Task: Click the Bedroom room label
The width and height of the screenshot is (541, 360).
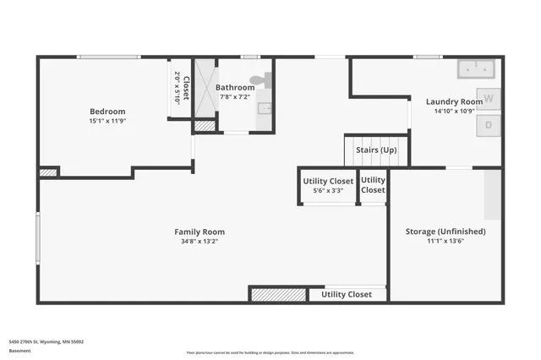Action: [x=107, y=112]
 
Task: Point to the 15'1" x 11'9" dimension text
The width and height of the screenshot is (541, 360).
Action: [x=107, y=121]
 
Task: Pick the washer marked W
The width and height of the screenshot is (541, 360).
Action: [x=489, y=99]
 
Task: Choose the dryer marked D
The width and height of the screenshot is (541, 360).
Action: [x=489, y=126]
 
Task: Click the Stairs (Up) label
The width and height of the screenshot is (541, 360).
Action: [x=376, y=150]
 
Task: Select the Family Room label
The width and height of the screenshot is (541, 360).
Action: [x=199, y=232]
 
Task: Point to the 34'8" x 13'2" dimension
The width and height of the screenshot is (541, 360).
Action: [x=199, y=241]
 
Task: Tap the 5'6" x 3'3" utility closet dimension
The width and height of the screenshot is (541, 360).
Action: [x=328, y=190]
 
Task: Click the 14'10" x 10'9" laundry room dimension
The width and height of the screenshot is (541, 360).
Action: [x=454, y=111]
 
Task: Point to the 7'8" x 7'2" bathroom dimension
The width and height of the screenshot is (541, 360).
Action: [x=234, y=96]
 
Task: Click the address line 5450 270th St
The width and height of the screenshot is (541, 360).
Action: [x=46, y=341]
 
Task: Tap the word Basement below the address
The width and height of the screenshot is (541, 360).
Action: [x=19, y=349]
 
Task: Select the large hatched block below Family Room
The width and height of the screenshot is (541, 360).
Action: [x=278, y=294]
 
